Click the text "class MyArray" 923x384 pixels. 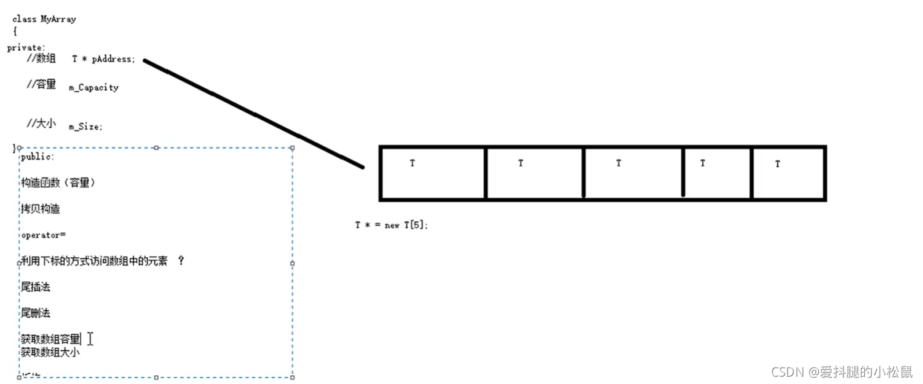(44, 19)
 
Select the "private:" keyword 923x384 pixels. (26, 47)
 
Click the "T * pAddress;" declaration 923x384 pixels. (103, 59)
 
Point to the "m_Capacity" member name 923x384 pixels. (93, 87)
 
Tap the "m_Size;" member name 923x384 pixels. (85, 126)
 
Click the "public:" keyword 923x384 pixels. (37, 157)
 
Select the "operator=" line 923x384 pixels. (43, 235)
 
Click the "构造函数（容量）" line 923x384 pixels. (58, 182)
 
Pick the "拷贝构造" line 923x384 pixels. (40, 209)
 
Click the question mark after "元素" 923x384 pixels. (181, 261)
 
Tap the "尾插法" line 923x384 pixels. (35, 287)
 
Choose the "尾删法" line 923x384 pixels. (35, 313)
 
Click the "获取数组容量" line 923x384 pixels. (51, 339)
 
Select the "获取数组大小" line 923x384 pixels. (50, 352)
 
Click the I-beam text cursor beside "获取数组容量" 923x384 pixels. (90, 339)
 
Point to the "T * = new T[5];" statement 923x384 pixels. (391, 226)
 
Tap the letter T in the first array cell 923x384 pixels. (412, 163)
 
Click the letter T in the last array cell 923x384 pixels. (778, 164)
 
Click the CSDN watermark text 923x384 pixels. (841, 372)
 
